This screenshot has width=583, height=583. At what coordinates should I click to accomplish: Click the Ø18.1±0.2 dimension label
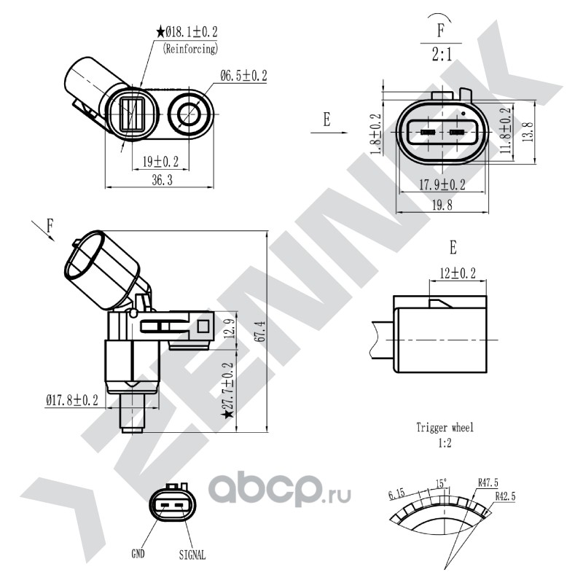[x=192, y=31]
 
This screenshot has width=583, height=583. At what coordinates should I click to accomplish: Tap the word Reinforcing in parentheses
[x=190, y=49]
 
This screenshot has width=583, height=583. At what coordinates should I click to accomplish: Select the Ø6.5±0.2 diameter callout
[x=243, y=76]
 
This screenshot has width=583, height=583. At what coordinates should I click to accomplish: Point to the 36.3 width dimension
[x=162, y=180]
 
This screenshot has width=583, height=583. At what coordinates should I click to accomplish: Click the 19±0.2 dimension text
[x=160, y=162]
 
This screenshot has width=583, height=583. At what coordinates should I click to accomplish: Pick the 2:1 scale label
[x=442, y=55]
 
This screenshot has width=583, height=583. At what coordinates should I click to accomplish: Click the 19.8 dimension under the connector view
[x=442, y=205]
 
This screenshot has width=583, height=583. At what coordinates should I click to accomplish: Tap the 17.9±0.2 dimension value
[x=442, y=185]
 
